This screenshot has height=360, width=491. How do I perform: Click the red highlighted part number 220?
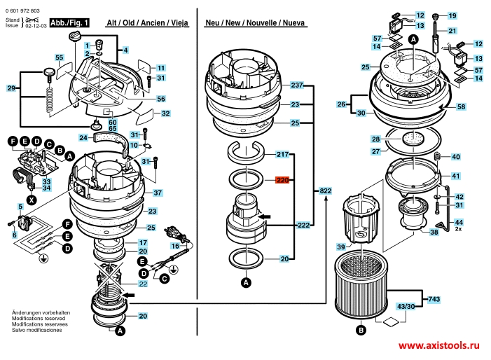click(282, 180)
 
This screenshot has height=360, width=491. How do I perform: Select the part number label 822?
click(325, 191)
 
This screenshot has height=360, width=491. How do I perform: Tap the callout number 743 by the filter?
click(434, 299)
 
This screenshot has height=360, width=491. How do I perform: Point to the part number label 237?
click(297, 85)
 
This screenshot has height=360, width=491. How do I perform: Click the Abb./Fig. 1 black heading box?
click(69, 22)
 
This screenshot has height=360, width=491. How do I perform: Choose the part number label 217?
click(282, 154)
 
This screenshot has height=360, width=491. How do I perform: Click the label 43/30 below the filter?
click(406, 307)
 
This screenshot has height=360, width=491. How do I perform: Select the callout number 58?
click(461, 106)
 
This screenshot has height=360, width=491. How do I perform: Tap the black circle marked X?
click(32, 200)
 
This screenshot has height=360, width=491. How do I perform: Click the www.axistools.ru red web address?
click(438, 345)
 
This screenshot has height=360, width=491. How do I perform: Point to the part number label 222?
click(303, 225)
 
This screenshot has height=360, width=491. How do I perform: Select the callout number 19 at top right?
click(452, 15)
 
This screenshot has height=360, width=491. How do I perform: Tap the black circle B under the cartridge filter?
click(361, 330)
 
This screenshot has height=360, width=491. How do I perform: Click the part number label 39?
click(341, 247)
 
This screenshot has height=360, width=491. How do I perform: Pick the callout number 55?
click(59, 57)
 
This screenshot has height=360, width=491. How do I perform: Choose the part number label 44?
click(459, 222)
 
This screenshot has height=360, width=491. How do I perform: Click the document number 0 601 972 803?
click(22, 11)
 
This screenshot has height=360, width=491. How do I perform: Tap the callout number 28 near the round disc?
click(375, 139)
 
